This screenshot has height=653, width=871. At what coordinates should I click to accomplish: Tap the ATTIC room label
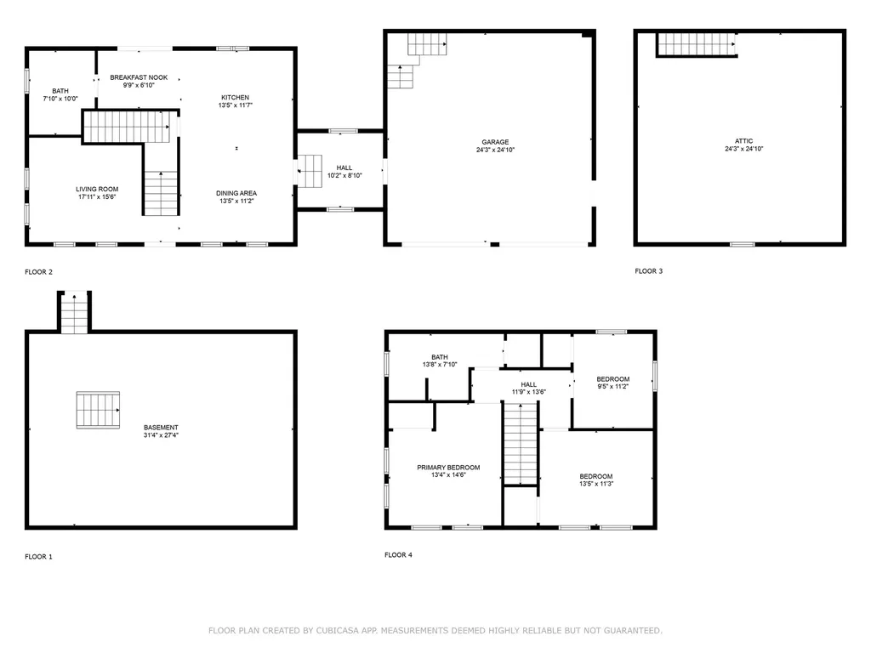coord(744,141)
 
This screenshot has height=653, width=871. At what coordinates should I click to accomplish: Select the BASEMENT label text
coord(161,428)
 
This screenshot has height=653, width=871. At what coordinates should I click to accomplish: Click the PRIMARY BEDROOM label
coord(448,468)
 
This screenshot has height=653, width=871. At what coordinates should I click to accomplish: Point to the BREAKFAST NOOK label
coord(139,77)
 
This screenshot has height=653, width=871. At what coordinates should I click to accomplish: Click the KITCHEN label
coord(236,98)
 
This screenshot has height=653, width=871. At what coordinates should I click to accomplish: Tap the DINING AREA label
coord(236,194)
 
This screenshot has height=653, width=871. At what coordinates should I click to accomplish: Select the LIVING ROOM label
coord(97,190)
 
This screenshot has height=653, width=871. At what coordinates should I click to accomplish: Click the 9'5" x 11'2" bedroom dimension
coord(612,387)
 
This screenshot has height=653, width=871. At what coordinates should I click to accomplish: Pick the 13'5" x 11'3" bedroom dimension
coord(595,484)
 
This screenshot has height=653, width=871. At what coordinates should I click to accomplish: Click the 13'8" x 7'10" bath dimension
coord(440,365)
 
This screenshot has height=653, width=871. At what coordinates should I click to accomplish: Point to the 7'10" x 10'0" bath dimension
coord(60,99)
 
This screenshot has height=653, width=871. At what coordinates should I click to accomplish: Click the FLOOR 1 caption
coord(38,557)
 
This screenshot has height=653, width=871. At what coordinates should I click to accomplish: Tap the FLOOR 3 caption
coord(648,271)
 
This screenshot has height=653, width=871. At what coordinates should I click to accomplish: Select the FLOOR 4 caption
coord(398,555)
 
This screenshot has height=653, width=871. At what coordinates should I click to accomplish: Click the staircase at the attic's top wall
coord(696,44)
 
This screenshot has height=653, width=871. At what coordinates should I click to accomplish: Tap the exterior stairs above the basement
coord(74,313)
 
